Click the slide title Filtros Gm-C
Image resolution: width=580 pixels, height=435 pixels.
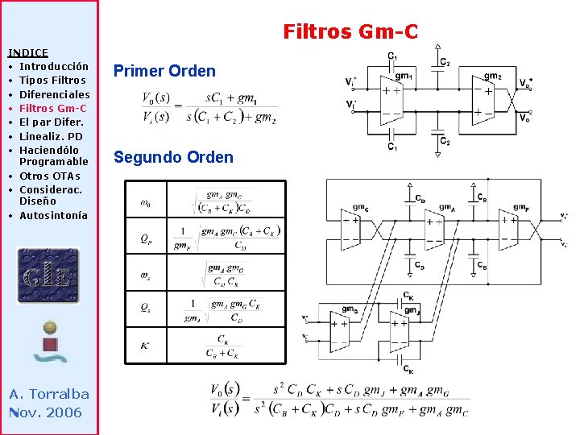tap(350, 32)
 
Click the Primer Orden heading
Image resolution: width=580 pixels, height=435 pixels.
tap(164, 71)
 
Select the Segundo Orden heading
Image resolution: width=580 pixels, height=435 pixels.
tap(173, 157)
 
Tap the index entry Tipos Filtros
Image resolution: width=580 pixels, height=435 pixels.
tap(52, 80)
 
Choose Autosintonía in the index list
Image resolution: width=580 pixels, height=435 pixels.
tap(53, 215)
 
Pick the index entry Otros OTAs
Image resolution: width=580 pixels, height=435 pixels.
tap(50, 176)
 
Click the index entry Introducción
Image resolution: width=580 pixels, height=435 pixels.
tap(54, 66)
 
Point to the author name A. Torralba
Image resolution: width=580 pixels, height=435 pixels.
tap(49, 394)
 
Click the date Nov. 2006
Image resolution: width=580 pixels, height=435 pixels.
tap(46, 412)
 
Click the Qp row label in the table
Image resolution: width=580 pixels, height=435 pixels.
tap(145, 238)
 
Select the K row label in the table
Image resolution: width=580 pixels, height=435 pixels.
tap(145, 346)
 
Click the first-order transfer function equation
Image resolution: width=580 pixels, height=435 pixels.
tap(209, 107)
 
